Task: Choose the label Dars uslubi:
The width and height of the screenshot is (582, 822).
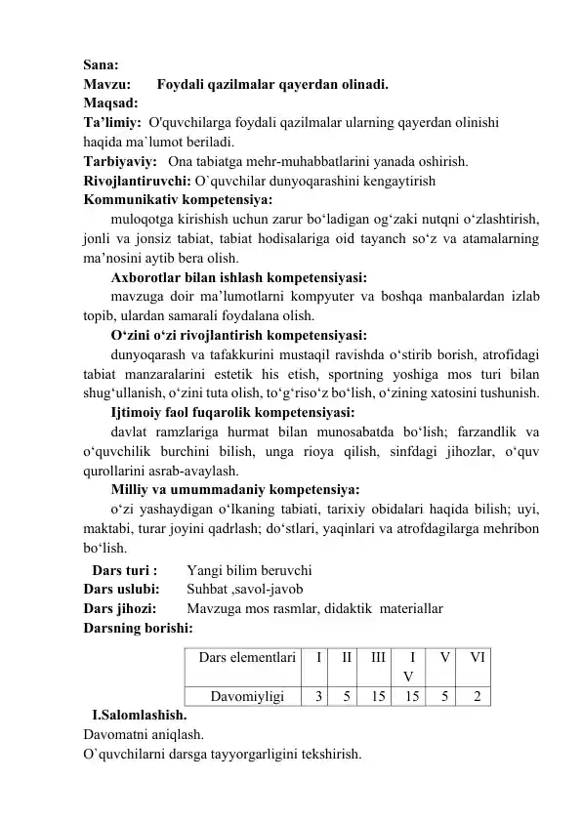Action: point(121,589)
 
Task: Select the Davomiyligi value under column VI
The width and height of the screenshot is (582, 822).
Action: point(477,696)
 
